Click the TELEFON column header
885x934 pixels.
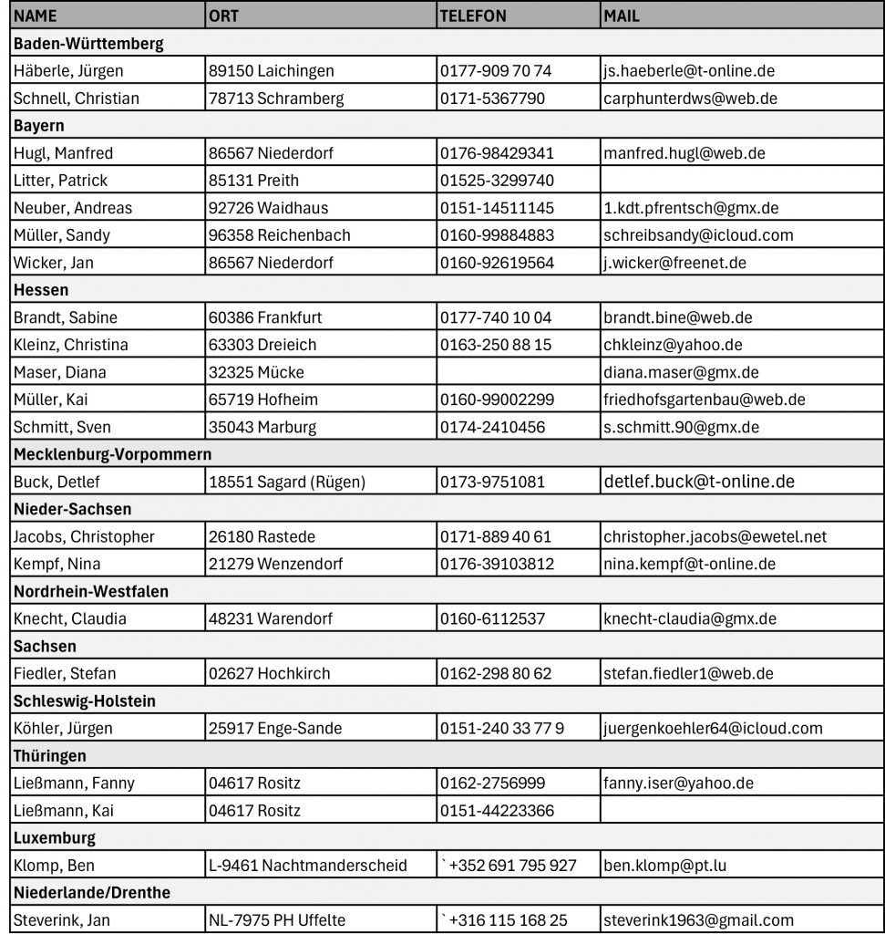pos(473,16)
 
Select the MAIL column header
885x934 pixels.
pos(622,16)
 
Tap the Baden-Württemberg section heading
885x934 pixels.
pos(88,44)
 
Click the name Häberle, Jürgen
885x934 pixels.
pos(68,71)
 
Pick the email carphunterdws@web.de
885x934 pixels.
pos(690,99)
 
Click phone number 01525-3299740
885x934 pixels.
pos(496,181)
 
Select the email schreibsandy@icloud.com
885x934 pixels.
pos(698,235)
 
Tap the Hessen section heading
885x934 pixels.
pos(41,290)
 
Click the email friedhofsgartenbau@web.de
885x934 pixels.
pos(704,400)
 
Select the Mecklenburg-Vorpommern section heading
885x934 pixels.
pos(112,454)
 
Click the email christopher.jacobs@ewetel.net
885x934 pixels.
pos(715,536)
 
